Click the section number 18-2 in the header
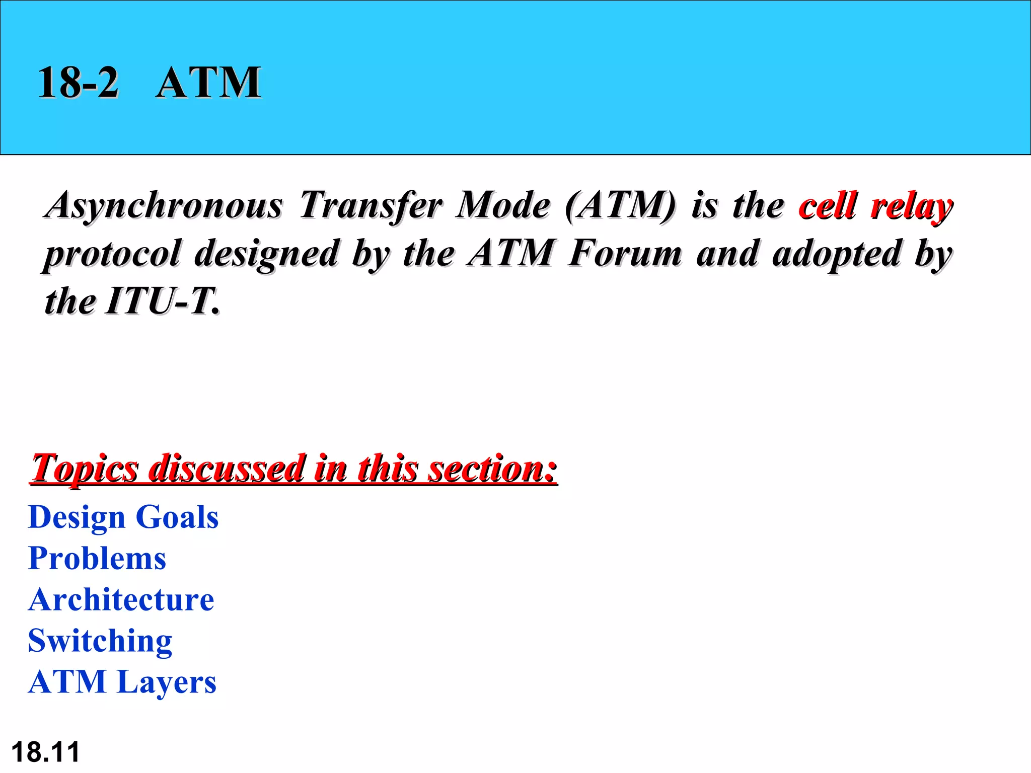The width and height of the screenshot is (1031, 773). (x=78, y=82)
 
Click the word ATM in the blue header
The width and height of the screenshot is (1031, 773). (x=208, y=82)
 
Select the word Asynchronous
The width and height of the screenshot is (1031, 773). (x=164, y=205)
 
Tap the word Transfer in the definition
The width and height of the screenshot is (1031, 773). (x=371, y=205)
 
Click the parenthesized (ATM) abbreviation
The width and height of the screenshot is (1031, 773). (x=621, y=205)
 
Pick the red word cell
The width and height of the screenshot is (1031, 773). (x=828, y=205)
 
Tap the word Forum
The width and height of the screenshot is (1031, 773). (x=625, y=253)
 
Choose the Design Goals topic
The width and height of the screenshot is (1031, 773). (x=123, y=517)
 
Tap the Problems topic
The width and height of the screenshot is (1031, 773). (x=97, y=558)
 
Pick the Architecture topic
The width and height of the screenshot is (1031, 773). (x=121, y=599)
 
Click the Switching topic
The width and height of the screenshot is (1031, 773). (x=100, y=641)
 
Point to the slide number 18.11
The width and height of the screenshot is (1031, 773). (x=45, y=752)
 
